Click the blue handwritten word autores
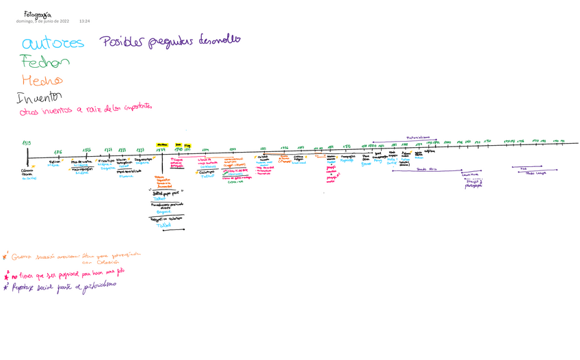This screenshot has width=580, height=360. point(53,44)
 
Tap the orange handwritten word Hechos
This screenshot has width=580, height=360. point(42,79)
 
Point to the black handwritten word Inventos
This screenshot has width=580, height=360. point(39,97)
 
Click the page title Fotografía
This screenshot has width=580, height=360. point(37,14)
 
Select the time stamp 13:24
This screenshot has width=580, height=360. point(85,21)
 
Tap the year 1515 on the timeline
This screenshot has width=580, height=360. point(27,142)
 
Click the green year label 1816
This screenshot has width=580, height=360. point(58,152)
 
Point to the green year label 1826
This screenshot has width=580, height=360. point(87,150)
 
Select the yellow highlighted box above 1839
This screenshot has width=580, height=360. point(162,145)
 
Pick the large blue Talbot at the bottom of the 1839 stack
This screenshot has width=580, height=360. point(164,224)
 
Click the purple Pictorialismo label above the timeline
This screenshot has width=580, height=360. point(418,137)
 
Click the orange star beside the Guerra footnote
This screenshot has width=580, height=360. point(5,257)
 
